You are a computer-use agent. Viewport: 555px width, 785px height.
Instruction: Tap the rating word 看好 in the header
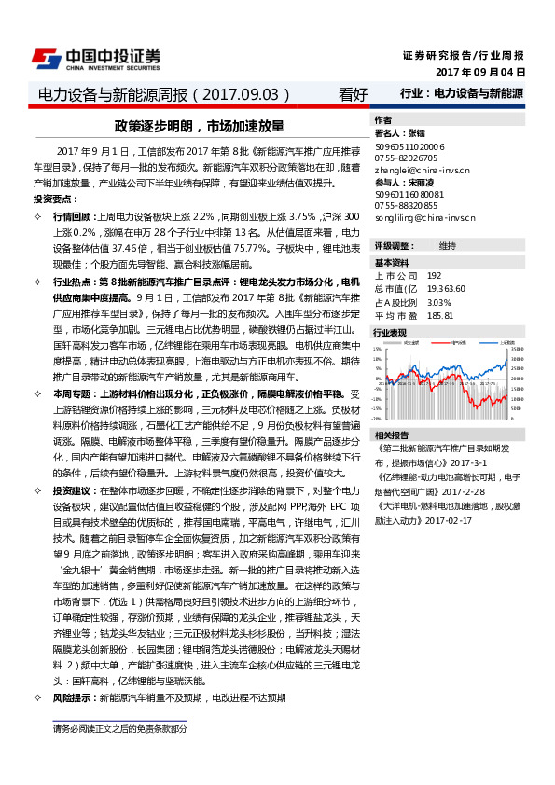click(x=354, y=94)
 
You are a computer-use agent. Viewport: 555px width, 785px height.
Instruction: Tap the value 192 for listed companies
click(x=434, y=276)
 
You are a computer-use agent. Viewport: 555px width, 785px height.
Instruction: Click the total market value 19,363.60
click(x=446, y=289)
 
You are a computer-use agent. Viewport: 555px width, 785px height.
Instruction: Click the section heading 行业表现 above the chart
click(x=390, y=332)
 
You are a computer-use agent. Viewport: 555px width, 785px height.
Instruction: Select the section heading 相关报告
click(x=390, y=435)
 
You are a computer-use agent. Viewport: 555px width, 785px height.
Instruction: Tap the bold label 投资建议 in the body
click(x=72, y=490)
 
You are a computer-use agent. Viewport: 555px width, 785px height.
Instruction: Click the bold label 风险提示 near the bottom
click(x=72, y=697)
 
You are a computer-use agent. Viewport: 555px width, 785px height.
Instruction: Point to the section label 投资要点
click(x=53, y=200)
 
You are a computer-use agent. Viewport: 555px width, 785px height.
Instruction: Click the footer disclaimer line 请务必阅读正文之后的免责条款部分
click(x=119, y=728)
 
